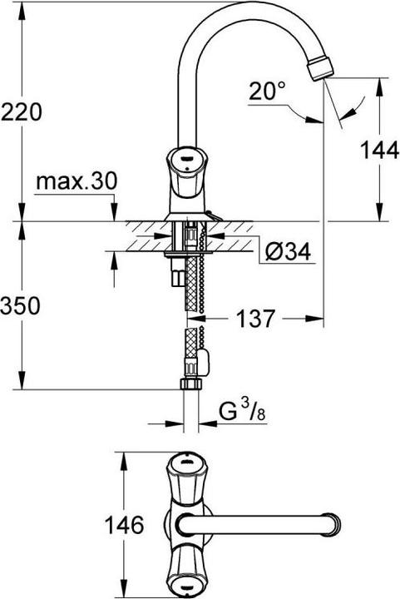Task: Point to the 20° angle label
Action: tap(267, 92)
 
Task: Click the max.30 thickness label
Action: tap(77, 181)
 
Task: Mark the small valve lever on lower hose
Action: tap(202, 362)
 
